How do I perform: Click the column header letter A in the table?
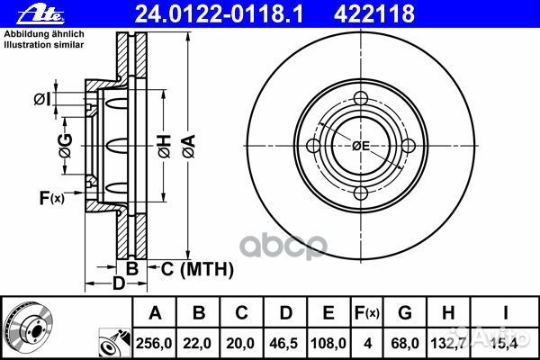pos(155,313)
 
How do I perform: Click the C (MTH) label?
pos(195,268)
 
